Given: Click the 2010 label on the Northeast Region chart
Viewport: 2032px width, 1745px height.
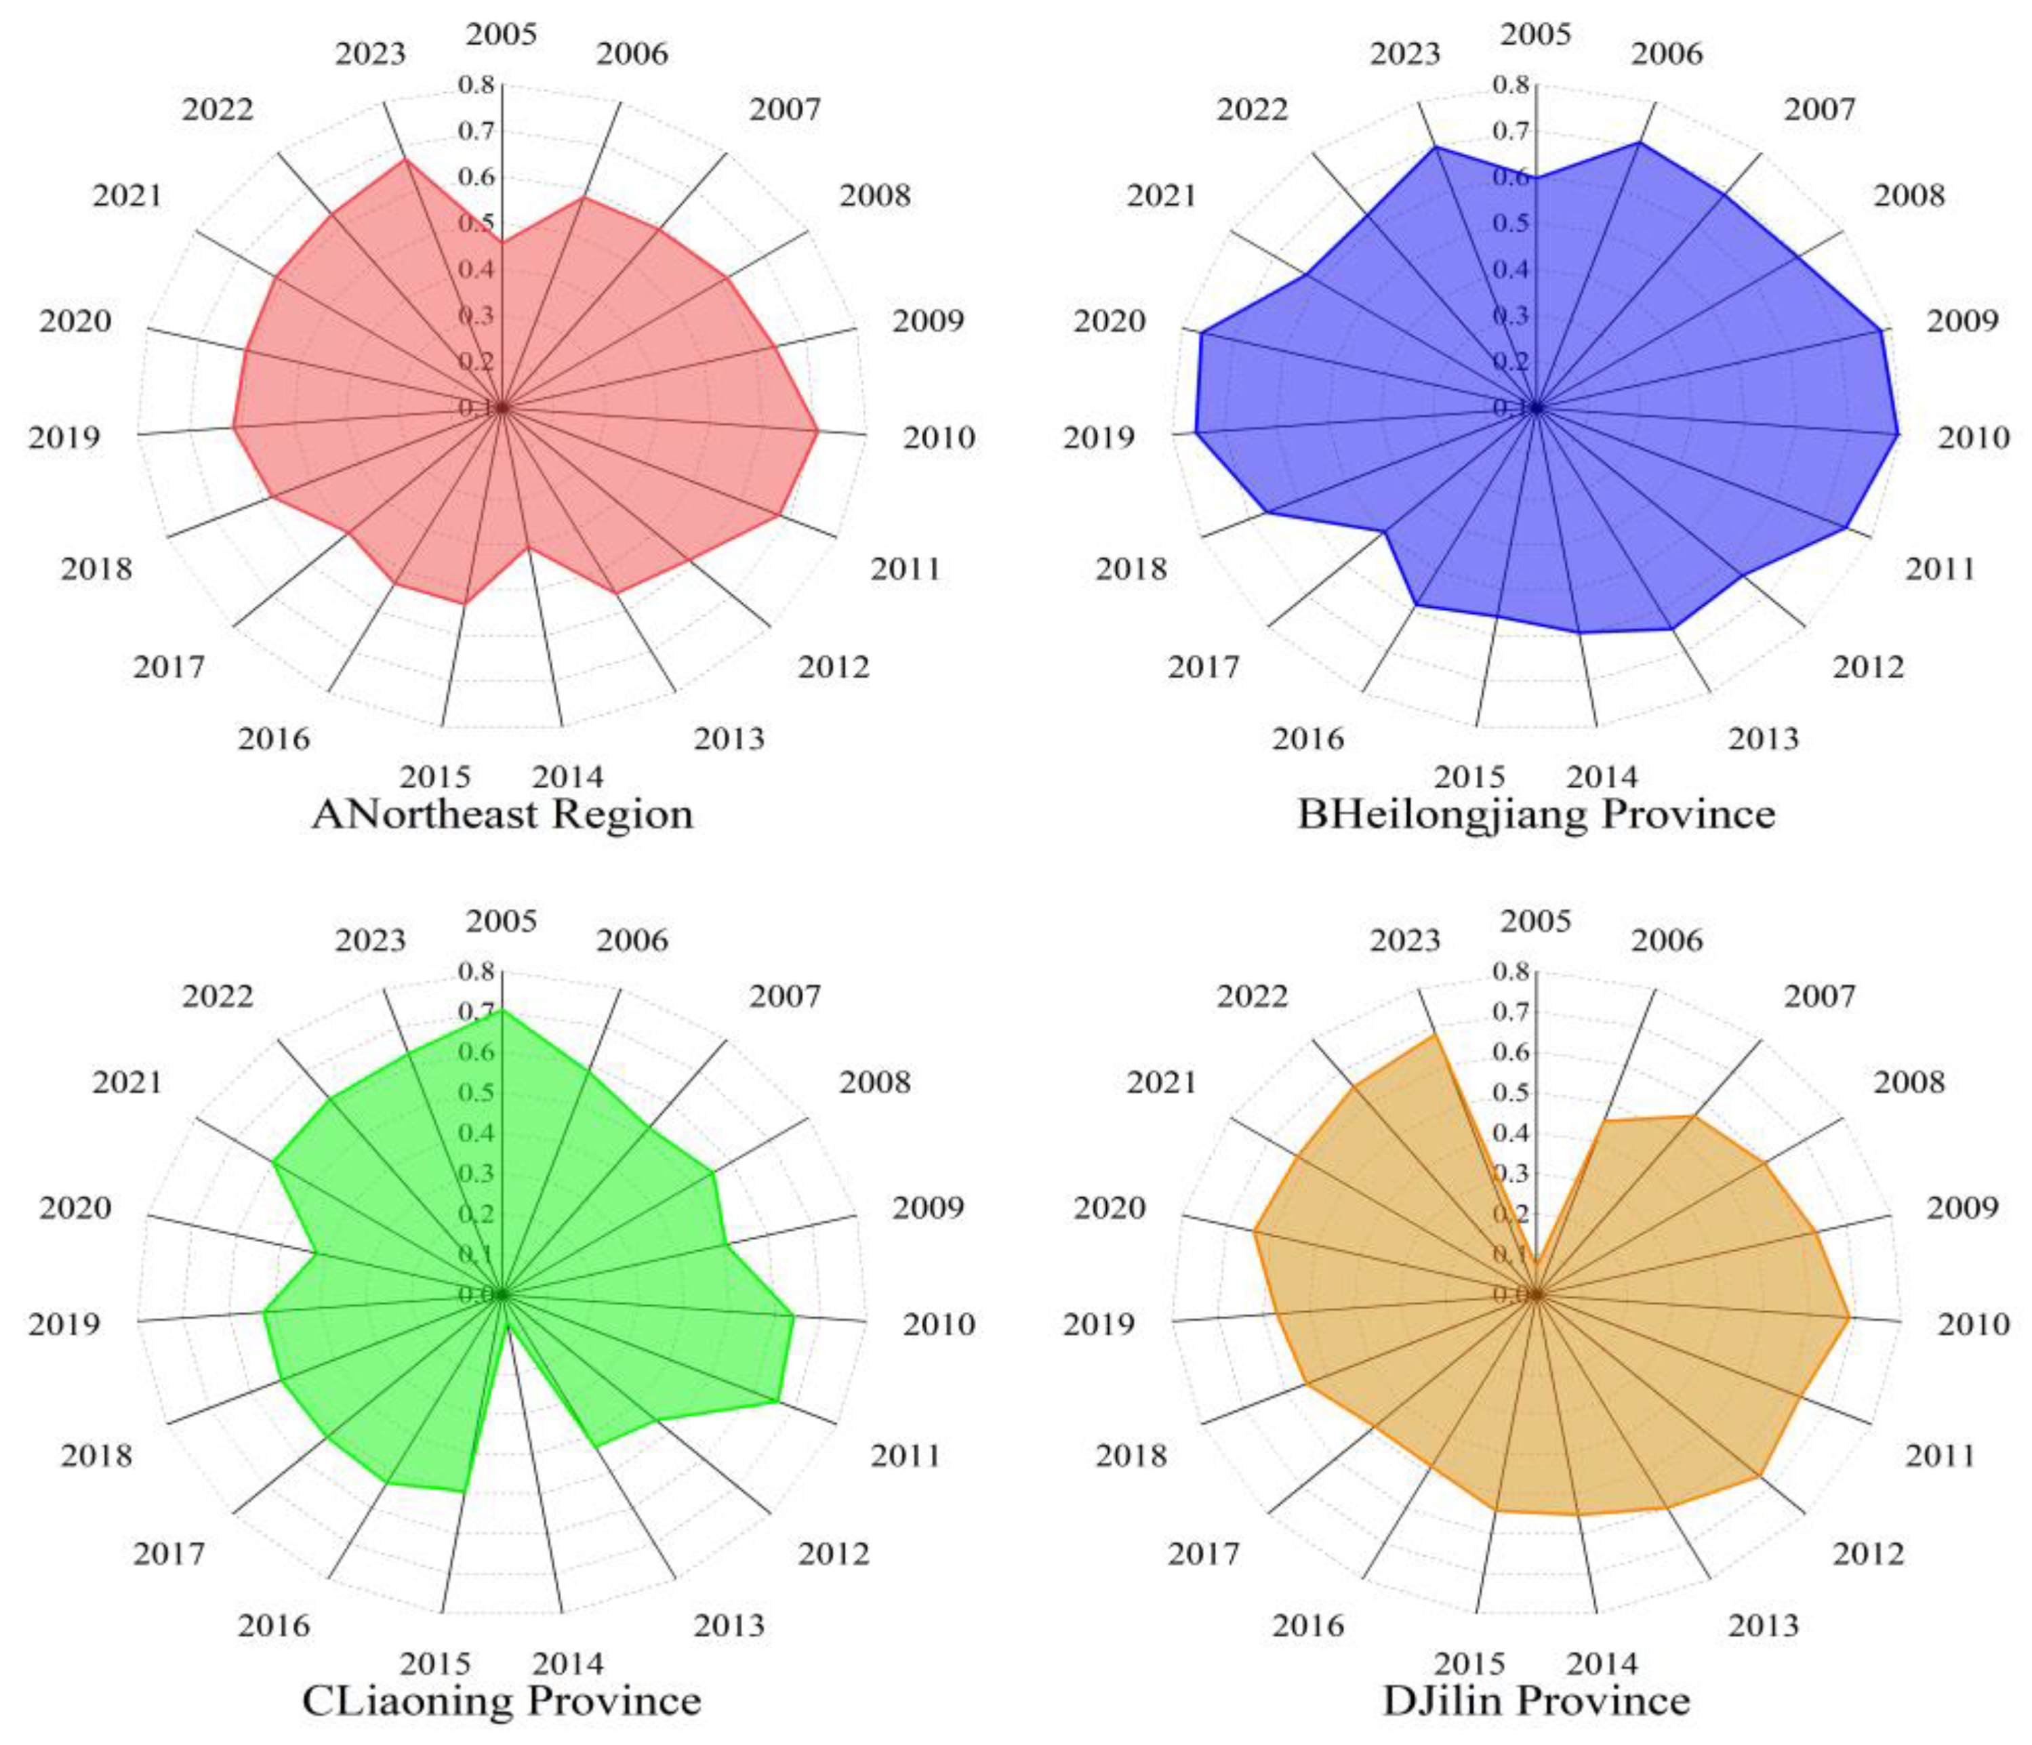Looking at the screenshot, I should click(939, 437).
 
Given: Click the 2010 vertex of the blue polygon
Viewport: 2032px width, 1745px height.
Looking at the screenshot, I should click(1898, 433).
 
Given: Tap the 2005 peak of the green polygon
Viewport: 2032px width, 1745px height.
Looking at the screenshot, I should click(502, 1010).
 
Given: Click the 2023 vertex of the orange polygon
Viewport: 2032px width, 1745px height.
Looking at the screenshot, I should click(1435, 1034).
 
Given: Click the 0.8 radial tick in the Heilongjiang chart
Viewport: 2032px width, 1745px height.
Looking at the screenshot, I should click(1510, 85).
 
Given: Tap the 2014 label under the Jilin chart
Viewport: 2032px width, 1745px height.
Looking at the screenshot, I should click(1602, 1664).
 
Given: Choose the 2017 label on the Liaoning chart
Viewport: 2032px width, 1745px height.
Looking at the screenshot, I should click(169, 1554).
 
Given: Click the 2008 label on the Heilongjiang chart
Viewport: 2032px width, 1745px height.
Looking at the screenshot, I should click(1909, 196).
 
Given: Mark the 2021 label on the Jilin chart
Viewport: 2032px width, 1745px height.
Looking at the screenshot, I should click(1161, 1084).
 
